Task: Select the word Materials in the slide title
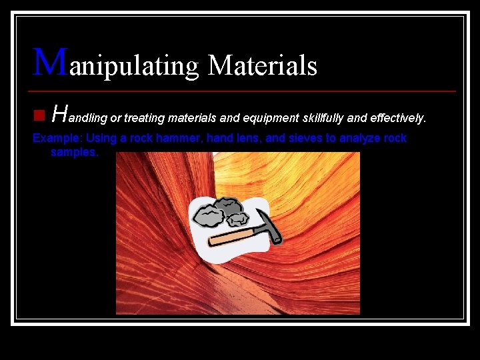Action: pyautogui.click(x=262, y=65)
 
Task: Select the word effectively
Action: pyautogui.click(x=397, y=119)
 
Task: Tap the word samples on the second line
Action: pyautogui.click(x=74, y=153)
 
